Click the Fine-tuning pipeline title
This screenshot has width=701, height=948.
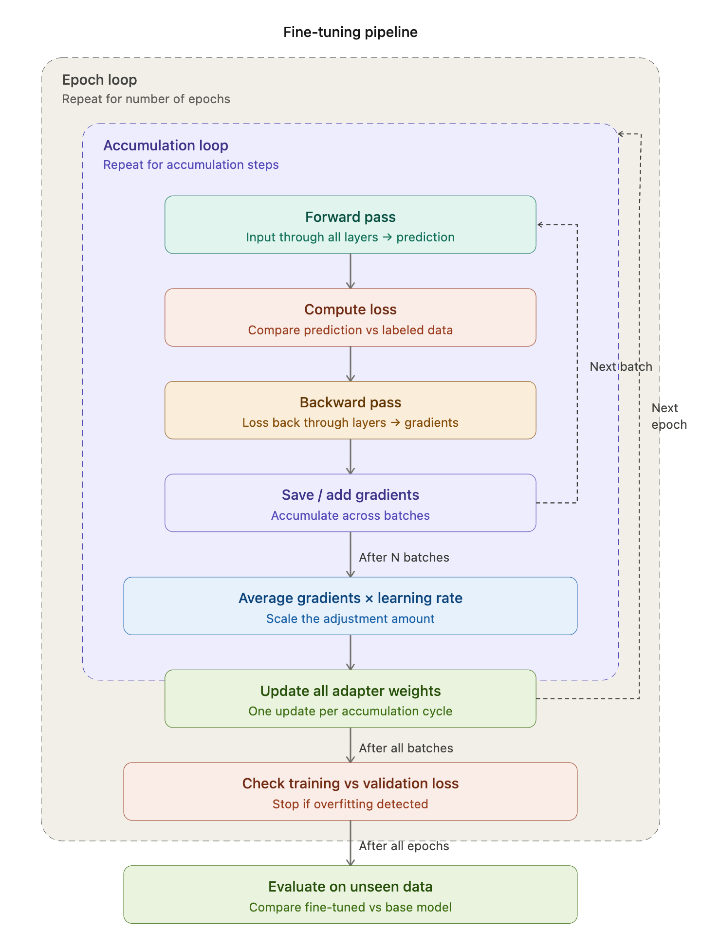(x=350, y=32)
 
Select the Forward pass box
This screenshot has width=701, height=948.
(x=350, y=225)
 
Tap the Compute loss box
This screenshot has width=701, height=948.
(x=350, y=317)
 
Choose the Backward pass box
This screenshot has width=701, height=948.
(x=350, y=410)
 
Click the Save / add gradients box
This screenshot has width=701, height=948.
(x=350, y=503)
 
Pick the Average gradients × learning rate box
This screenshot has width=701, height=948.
(x=350, y=606)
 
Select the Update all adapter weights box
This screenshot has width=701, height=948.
(x=350, y=699)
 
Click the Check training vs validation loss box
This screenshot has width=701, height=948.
(x=350, y=791)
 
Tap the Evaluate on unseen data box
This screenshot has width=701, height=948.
(x=350, y=894)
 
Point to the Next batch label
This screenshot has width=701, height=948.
(x=621, y=366)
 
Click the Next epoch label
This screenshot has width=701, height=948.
(x=668, y=416)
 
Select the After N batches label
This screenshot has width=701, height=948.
(x=404, y=557)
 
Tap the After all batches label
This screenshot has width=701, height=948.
(x=406, y=748)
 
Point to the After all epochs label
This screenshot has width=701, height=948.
(x=404, y=846)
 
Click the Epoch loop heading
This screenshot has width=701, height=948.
(x=99, y=80)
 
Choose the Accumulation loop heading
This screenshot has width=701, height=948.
(x=166, y=146)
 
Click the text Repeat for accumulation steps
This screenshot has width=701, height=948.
(x=191, y=164)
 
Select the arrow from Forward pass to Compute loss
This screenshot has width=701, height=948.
(x=350, y=271)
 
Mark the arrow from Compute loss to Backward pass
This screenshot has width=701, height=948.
(x=350, y=364)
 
